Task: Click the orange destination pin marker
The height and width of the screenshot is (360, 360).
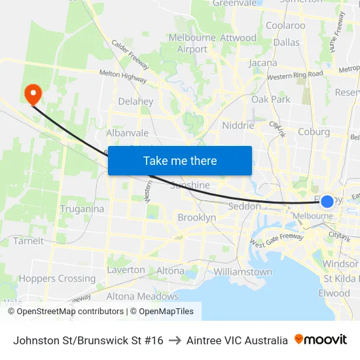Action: [32, 93]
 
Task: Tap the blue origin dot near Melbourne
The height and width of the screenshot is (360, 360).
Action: [327, 201]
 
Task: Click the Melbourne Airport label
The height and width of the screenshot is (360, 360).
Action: [192, 43]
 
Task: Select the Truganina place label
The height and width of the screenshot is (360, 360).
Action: [82, 209]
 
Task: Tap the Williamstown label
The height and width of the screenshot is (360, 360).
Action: [243, 272]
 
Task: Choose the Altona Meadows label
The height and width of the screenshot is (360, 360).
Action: [142, 296]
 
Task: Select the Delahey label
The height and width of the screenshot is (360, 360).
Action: [135, 101]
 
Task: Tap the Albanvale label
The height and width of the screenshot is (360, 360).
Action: [127, 133]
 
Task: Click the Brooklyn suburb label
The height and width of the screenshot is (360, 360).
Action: [196, 217]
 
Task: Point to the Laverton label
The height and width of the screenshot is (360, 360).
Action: [126, 270]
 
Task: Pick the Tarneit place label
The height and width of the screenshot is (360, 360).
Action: [28, 240]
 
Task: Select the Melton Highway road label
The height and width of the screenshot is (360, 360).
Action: [122, 77]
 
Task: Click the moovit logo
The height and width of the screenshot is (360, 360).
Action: [320, 340]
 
